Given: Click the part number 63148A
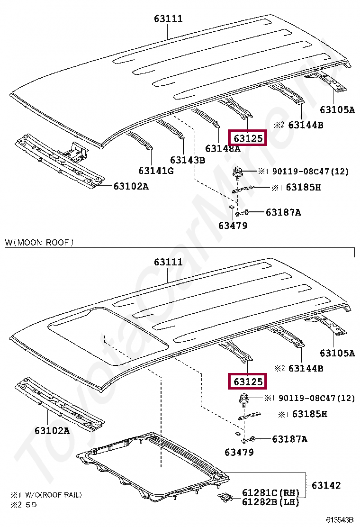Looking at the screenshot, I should (x=223, y=149).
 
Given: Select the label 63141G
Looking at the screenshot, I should (x=156, y=170).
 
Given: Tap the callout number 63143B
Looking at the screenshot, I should (x=188, y=160).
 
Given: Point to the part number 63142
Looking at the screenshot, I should (x=326, y=486).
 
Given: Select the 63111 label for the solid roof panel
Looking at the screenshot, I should (x=168, y=19).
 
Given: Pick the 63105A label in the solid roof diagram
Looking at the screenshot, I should (x=337, y=110).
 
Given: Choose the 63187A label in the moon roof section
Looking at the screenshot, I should (x=289, y=439).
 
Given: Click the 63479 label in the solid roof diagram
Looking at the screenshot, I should (x=233, y=226).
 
